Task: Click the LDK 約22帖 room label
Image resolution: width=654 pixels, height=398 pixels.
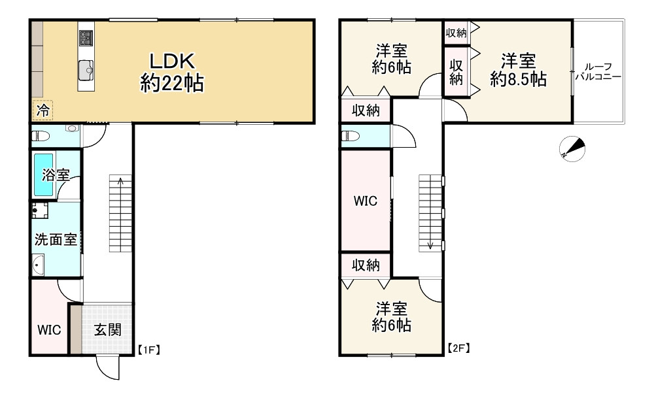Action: tap(171, 72)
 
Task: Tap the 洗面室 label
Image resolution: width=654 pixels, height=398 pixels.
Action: tap(56, 239)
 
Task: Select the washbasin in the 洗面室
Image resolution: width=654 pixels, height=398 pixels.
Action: tap(38, 265)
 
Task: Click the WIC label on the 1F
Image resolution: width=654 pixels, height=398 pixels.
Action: tap(49, 329)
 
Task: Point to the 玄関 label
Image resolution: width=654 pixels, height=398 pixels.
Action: tap(107, 329)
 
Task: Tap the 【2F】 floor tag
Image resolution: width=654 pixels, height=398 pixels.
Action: tap(458, 348)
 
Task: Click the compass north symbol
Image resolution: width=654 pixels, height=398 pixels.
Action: tap(572, 149)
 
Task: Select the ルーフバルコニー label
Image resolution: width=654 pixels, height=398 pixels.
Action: tap(598, 71)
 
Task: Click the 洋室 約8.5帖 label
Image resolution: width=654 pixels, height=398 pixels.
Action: tap(519, 71)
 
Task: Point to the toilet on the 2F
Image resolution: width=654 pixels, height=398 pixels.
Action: tap(351, 136)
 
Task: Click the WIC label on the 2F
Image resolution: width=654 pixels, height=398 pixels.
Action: tap(366, 201)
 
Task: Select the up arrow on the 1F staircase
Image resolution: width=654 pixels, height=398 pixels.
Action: tap(120, 181)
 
